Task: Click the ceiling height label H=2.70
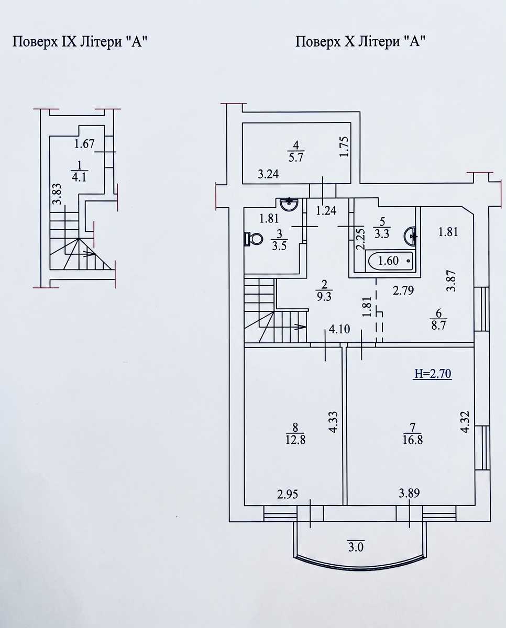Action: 433,374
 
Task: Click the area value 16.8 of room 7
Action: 413,440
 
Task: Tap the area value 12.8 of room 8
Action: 295,440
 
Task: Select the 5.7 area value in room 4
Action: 296,158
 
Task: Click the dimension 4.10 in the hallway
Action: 339,329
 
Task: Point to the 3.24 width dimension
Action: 268,174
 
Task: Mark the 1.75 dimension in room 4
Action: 345,147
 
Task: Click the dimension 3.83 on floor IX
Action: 57,194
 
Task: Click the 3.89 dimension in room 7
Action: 409,493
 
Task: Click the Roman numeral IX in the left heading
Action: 69,42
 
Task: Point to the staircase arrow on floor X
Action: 300,327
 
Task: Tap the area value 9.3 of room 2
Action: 324,297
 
